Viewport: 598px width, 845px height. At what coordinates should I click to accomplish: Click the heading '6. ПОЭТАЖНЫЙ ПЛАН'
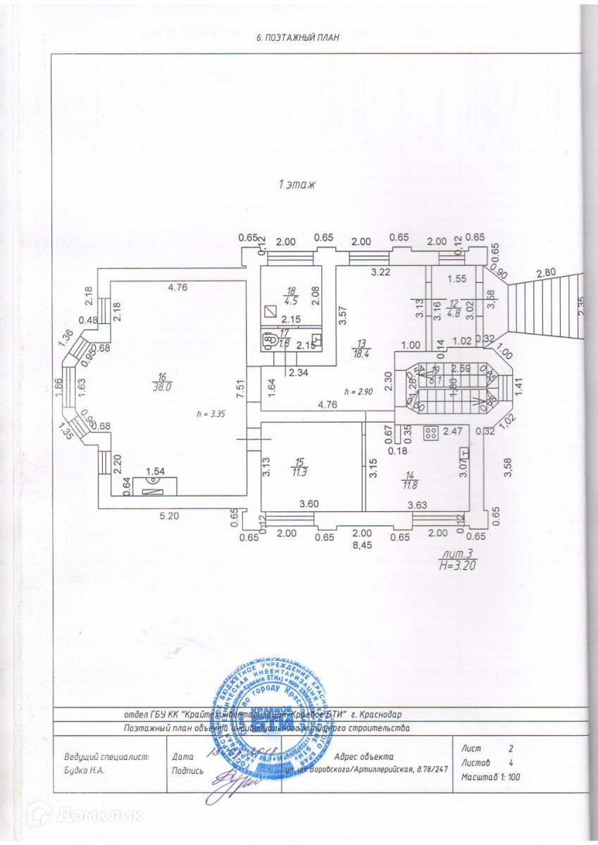tap(299, 38)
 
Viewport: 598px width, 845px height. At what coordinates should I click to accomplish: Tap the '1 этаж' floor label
tap(297, 185)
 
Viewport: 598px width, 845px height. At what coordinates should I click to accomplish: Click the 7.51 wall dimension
tap(241, 392)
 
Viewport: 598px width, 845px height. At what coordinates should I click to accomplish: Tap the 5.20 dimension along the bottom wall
tap(169, 515)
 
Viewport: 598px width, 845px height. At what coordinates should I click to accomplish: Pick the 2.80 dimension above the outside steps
tap(545, 273)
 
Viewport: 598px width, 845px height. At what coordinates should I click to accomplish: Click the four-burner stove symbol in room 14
tap(429, 433)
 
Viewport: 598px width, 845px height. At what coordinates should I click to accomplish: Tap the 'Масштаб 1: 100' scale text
tap(490, 777)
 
